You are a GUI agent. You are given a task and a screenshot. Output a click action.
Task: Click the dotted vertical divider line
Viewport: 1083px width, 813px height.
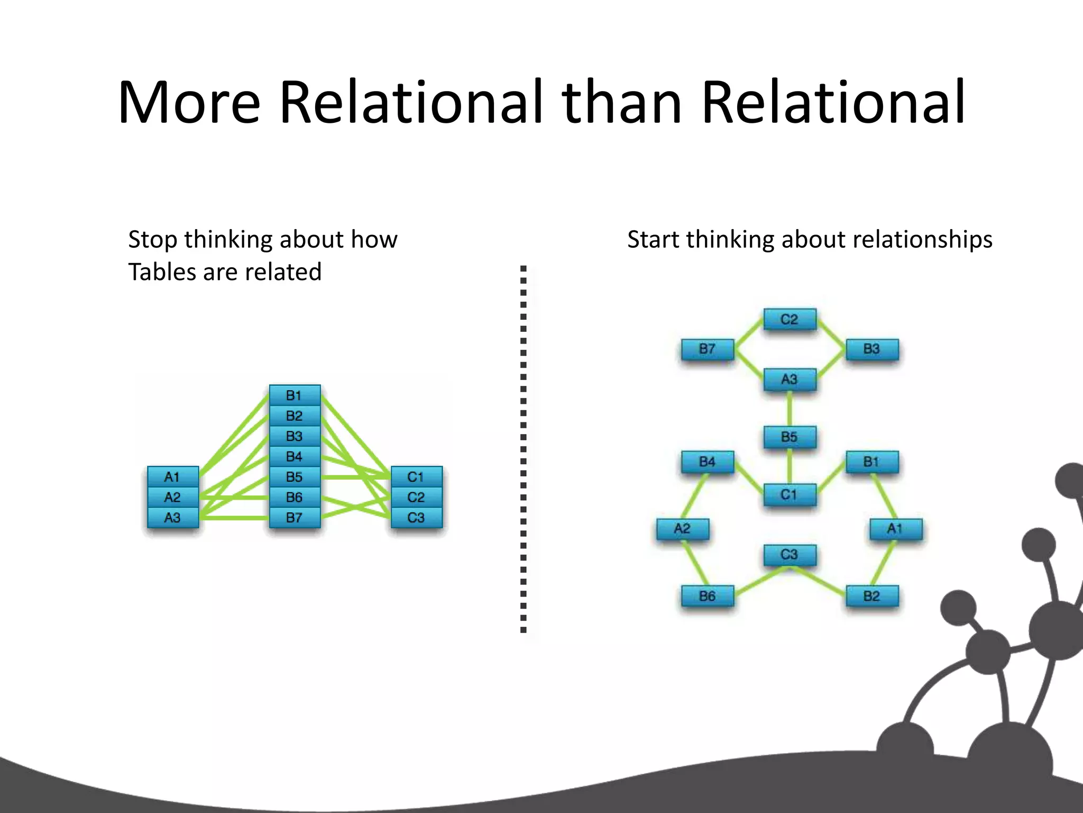coord(523,450)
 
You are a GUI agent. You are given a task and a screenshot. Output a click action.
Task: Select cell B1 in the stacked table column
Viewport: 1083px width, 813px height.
coord(295,395)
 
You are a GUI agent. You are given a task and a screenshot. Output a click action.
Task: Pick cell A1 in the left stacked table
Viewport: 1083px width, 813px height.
coord(173,477)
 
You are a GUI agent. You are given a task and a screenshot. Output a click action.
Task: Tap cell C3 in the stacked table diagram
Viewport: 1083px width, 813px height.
coord(416,518)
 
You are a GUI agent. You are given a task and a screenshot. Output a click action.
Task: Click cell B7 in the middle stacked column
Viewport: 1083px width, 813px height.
coord(295,518)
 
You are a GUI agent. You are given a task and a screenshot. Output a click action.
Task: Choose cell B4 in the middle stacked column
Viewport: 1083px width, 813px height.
coord(295,456)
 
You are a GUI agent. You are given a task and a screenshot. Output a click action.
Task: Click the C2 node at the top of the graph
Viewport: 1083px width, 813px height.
coord(790,320)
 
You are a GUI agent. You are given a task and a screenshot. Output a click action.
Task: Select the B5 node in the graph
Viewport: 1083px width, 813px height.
coord(790,437)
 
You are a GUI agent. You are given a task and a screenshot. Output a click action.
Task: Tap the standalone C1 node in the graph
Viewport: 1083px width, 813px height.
coord(790,495)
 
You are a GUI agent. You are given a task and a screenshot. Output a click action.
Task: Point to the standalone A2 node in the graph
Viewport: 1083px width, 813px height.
coord(682,529)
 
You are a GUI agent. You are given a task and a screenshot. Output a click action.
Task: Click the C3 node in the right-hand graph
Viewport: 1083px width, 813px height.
coord(790,555)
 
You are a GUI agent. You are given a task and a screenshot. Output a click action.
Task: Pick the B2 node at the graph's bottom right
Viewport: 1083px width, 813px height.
coord(872,597)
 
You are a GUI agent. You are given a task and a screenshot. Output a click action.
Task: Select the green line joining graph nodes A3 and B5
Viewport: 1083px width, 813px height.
coord(790,408)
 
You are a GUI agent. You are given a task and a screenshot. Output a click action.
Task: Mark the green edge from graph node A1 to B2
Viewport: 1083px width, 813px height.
coord(883,563)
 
